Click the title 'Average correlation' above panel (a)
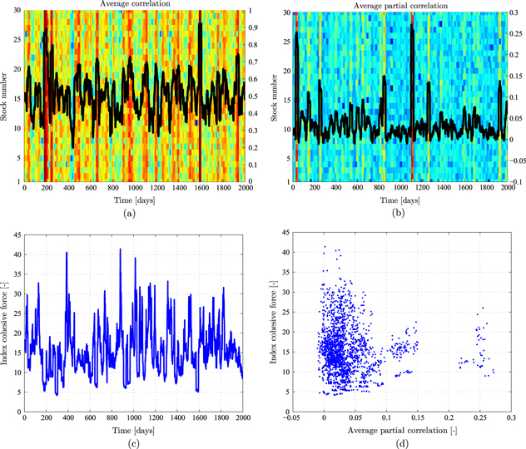133,5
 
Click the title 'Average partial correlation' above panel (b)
396,5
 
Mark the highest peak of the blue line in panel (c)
120,249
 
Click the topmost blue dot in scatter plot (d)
325,248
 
